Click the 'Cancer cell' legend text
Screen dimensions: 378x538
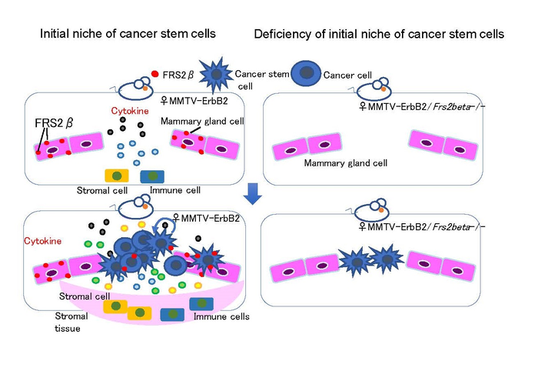(x=348, y=75)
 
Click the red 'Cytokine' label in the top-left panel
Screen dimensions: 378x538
(x=122, y=110)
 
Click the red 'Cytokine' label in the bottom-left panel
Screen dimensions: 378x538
(x=40, y=241)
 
